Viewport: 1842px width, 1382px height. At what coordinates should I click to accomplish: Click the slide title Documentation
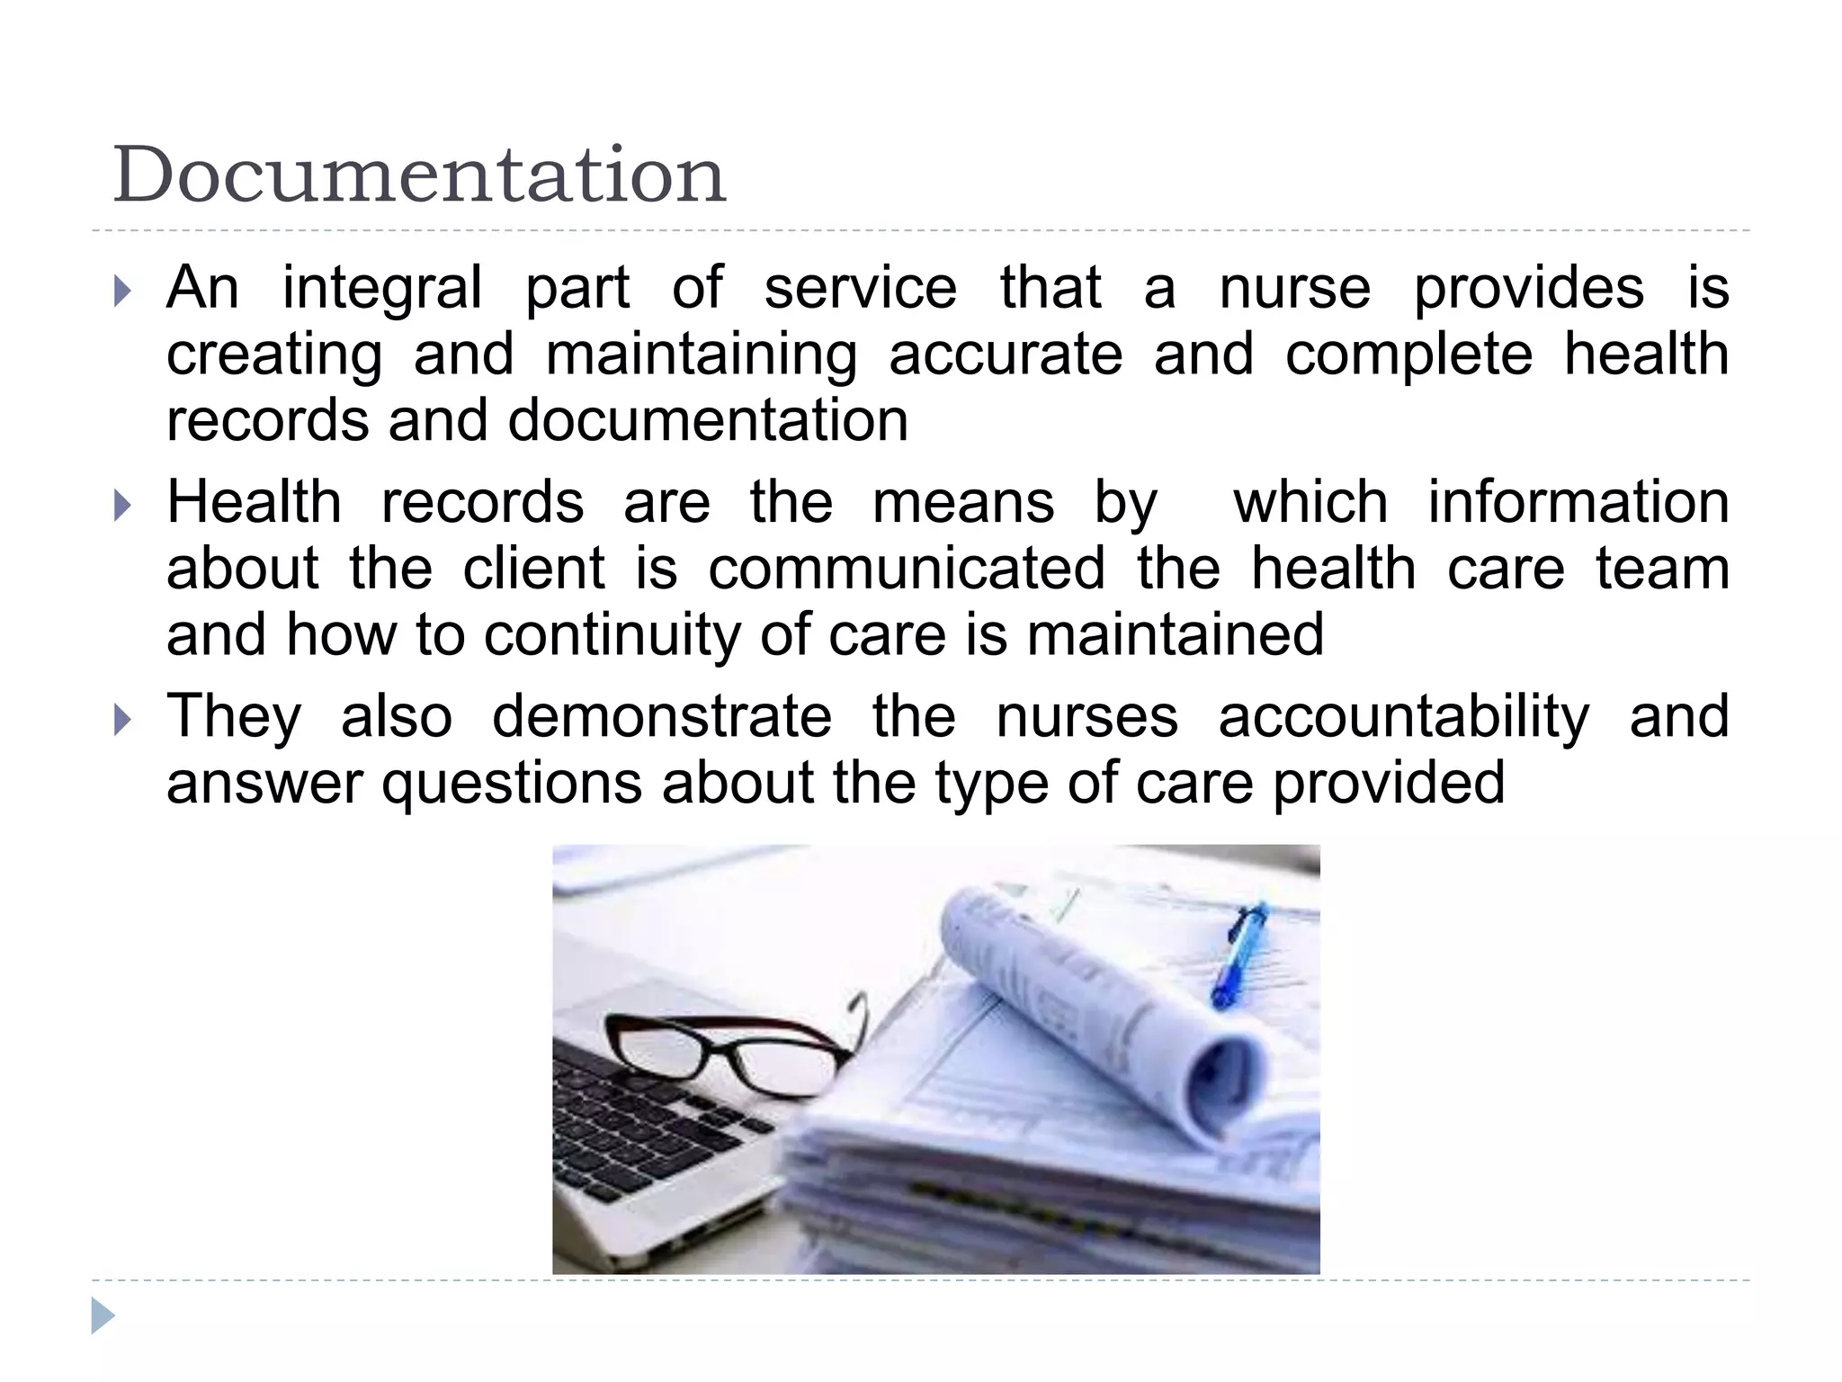[x=419, y=175]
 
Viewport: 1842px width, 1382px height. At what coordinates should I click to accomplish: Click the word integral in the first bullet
[x=382, y=289]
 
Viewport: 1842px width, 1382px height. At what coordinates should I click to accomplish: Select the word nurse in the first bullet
[x=1294, y=289]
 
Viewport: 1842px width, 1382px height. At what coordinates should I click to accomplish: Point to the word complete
[x=1408, y=354]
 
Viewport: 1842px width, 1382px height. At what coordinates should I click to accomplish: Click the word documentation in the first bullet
[x=708, y=420]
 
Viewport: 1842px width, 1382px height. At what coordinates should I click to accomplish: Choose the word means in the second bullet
[x=963, y=502]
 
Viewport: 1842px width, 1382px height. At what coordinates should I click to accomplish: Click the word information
[x=1578, y=502]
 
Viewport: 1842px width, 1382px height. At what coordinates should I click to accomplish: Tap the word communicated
[x=907, y=569]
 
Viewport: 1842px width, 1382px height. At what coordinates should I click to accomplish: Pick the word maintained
[x=1176, y=634]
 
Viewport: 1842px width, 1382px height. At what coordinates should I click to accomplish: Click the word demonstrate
[x=662, y=717]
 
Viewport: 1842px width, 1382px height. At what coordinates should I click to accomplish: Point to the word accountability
[x=1403, y=717]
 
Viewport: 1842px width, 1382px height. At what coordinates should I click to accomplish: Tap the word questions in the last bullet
[x=512, y=783]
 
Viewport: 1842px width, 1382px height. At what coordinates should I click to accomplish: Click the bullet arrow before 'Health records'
[x=123, y=506]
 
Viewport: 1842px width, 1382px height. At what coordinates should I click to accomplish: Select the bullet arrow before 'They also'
[x=123, y=720]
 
